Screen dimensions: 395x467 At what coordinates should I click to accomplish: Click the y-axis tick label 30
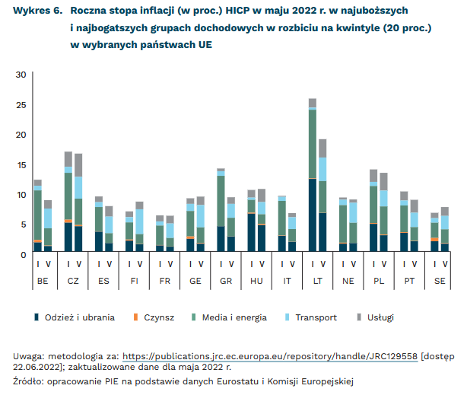21,75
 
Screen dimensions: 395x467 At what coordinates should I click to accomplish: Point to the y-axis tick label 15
21,164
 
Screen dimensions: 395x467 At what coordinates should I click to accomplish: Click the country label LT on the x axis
317,282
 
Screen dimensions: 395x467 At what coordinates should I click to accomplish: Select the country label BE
43,282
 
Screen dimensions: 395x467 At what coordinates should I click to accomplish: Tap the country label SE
440,282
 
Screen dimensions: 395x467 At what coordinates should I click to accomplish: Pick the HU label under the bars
256,282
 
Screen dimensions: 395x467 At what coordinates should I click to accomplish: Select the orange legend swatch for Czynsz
137,317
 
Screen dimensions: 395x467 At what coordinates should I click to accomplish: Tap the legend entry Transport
313,317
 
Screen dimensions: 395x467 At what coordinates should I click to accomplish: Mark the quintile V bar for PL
383,213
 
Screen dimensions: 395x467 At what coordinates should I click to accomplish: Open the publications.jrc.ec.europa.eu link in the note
269,355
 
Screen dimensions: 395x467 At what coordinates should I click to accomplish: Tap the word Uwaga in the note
28,355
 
